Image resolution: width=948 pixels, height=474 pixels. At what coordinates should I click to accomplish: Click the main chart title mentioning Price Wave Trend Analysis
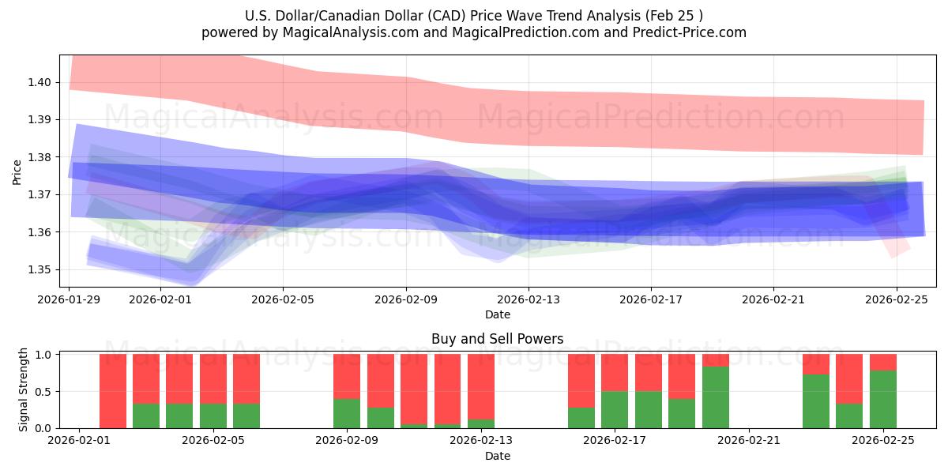click(x=474, y=15)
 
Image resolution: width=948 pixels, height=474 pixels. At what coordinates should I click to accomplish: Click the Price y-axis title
click(x=17, y=171)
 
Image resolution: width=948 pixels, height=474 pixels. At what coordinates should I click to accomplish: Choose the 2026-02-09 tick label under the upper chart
click(x=406, y=299)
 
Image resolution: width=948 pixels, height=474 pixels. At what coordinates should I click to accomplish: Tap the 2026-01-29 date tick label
click(x=70, y=299)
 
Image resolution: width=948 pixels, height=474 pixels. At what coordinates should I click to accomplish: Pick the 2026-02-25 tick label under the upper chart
click(x=897, y=299)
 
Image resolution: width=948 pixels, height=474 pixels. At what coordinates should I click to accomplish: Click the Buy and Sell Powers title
click(x=498, y=339)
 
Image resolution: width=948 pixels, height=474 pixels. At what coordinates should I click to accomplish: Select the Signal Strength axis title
click(x=24, y=389)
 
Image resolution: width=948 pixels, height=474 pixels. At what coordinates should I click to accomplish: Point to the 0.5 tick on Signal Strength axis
click(x=43, y=392)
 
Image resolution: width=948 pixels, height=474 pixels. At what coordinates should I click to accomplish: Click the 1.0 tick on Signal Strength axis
click(x=43, y=355)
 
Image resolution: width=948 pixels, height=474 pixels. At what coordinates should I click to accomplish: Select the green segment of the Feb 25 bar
click(x=882, y=399)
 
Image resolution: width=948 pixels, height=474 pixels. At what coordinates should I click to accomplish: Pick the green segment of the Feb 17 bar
click(x=615, y=409)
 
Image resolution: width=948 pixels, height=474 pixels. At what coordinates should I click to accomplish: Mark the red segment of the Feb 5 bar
click(x=246, y=378)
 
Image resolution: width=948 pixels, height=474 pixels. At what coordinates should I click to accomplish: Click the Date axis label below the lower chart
click(x=498, y=456)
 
